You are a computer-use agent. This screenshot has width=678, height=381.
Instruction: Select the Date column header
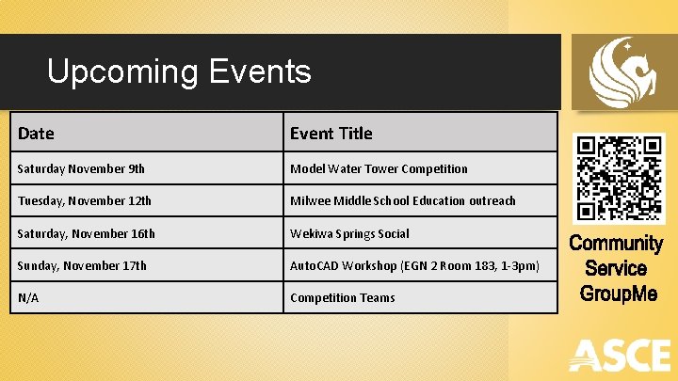tap(36, 134)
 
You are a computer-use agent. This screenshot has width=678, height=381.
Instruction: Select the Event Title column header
tap(331, 134)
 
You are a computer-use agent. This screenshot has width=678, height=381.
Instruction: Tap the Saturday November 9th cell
tap(81, 169)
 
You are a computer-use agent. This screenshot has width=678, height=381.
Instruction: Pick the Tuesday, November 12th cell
tap(84, 201)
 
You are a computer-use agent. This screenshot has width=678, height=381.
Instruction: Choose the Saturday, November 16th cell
tap(86, 233)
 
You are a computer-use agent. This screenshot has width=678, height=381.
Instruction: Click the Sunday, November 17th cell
tap(82, 265)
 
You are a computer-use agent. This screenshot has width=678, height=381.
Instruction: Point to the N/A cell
tap(28, 297)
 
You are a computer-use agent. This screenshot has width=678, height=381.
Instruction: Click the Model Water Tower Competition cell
tap(379, 169)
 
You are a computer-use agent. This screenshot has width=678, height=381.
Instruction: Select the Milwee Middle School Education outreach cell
tap(403, 201)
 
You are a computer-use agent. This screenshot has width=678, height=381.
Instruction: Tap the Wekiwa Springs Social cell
tap(349, 233)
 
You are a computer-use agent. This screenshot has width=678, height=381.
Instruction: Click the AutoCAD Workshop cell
tap(414, 265)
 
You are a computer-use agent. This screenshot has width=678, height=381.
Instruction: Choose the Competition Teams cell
tap(343, 297)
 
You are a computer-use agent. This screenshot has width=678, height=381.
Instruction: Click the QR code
tap(621, 178)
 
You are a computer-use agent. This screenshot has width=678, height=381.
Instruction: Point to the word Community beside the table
tap(616, 244)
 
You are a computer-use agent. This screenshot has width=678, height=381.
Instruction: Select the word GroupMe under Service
tap(618, 294)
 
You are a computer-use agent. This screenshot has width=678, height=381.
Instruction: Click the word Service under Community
tap(616, 268)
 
